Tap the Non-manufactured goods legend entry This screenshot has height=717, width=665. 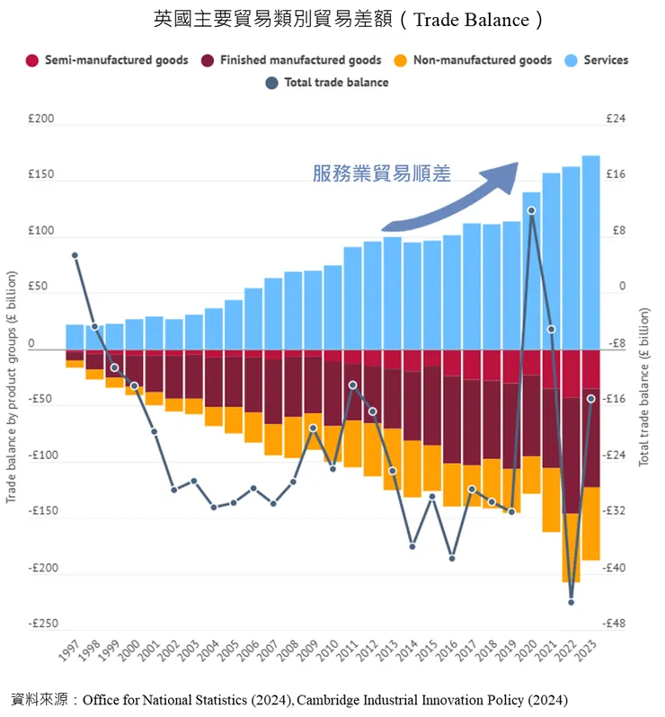[482, 60]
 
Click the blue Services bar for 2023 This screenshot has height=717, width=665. [590, 252]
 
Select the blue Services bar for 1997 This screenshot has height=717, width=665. [75, 338]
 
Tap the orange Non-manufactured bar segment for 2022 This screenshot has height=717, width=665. [571, 548]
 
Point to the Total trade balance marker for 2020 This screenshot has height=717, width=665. [531, 210]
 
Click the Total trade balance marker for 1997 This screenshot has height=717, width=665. [75, 255]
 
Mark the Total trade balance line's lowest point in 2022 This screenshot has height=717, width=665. [571, 602]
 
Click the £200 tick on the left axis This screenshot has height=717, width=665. [41, 119]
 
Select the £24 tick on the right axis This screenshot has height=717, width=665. [616, 119]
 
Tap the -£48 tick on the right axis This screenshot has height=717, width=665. [617, 624]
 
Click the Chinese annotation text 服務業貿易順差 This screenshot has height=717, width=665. [381, 173]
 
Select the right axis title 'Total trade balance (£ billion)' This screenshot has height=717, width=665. [643, 386]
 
